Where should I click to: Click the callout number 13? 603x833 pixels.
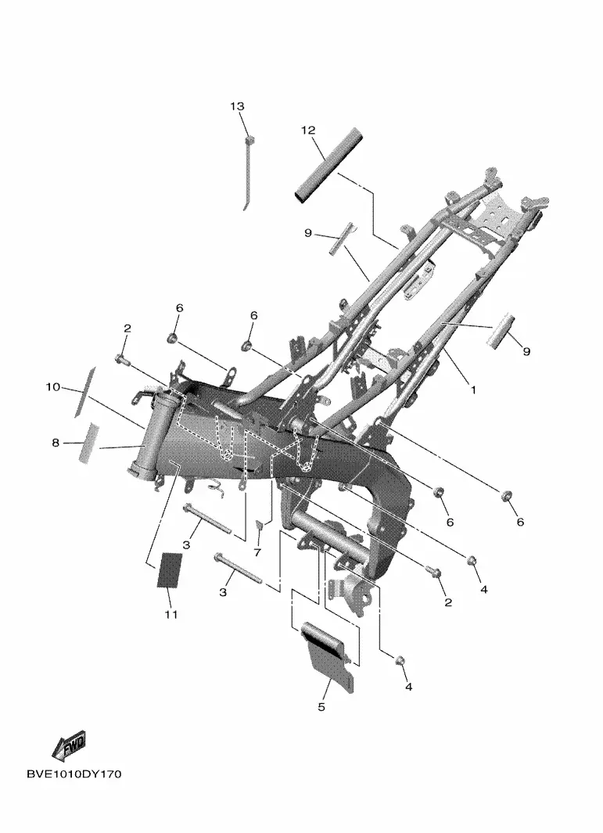(x=237, y=106)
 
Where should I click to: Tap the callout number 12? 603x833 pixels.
(x=308, y=130)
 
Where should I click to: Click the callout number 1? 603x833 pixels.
(x=473, y=390)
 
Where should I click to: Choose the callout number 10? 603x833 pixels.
(x=52, y=387)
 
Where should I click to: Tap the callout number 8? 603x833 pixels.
(x=56, y=442)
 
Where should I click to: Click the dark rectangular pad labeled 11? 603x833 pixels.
(x=170, y=570)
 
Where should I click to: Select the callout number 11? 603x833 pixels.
(x=170, y=615)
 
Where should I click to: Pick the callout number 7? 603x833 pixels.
(x=257, y=552)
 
